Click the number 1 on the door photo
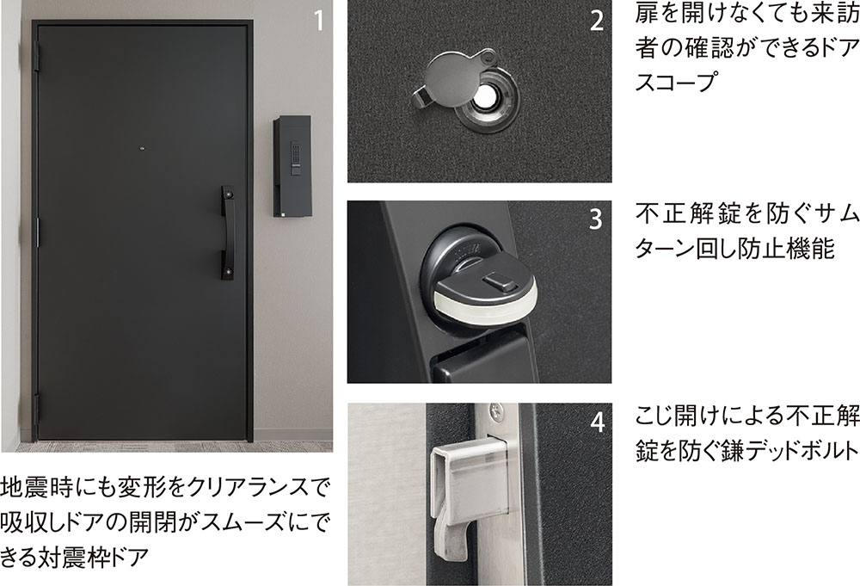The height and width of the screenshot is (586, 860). (x=319, y=20)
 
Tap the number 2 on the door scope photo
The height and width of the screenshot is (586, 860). (x=598, y=21)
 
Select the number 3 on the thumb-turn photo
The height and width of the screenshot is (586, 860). (x=596, y=219)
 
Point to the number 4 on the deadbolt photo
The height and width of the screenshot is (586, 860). (x=598, y=422)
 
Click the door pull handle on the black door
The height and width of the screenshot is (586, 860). (x=229, y=232)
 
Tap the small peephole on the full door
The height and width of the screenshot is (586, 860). (x=143, y=149)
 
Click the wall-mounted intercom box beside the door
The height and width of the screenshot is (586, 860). (x=292, y=166)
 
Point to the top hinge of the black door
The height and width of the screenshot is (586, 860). (x=37, y=57)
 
